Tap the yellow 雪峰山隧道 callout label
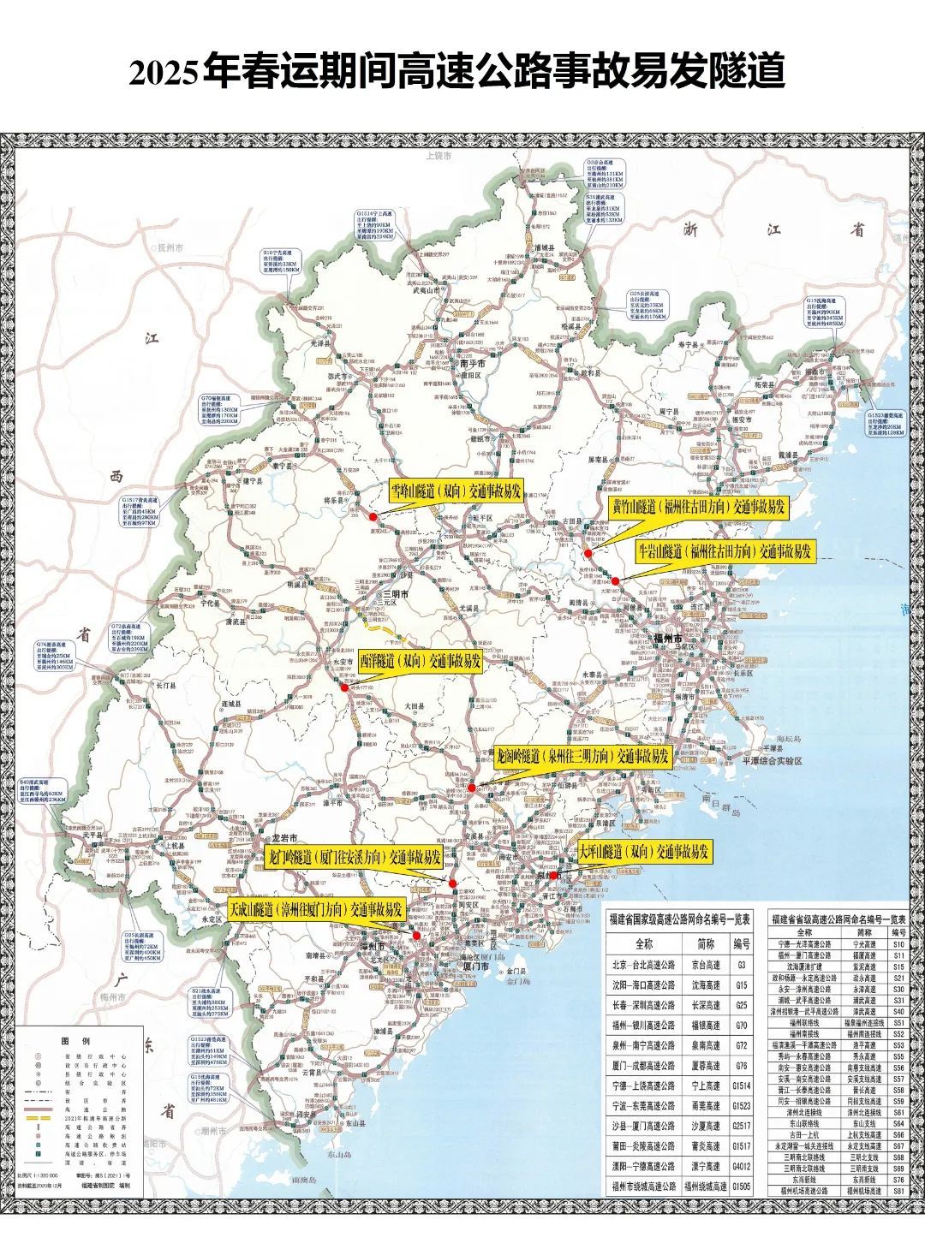tap(456, 491)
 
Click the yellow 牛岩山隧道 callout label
tap(724, 551)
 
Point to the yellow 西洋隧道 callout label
tap(420, 662)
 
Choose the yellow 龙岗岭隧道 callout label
tap(582, 757)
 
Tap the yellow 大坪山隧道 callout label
tap(643, 853)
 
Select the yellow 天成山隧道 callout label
tap(316, 910)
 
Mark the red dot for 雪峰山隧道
tap(373, 517)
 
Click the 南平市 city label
tap(472, 363)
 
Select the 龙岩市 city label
tap(283, 836)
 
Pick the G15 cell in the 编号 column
tap(741, 985)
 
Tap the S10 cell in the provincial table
tap(898, 944)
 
